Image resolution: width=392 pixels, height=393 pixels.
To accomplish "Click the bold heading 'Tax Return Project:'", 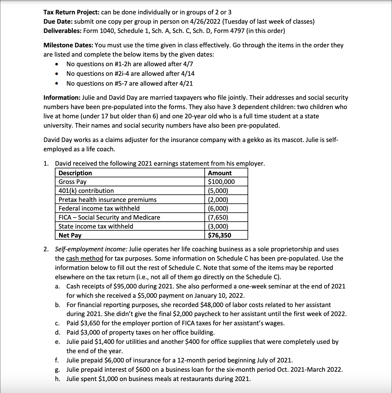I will (71, 12).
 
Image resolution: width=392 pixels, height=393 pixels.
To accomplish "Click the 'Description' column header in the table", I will (75, 173).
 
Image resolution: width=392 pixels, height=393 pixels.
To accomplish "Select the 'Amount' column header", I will (220, 173).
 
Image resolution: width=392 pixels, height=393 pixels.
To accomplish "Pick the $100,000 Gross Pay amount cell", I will (221, 182).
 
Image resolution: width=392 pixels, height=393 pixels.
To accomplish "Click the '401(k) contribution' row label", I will (86, 191).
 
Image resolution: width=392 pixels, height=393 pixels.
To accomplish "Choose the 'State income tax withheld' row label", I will (96, 226).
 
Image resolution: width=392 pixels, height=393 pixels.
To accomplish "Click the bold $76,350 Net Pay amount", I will (220, 235).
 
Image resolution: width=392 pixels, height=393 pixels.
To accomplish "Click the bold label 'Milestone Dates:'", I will (68, 46).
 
